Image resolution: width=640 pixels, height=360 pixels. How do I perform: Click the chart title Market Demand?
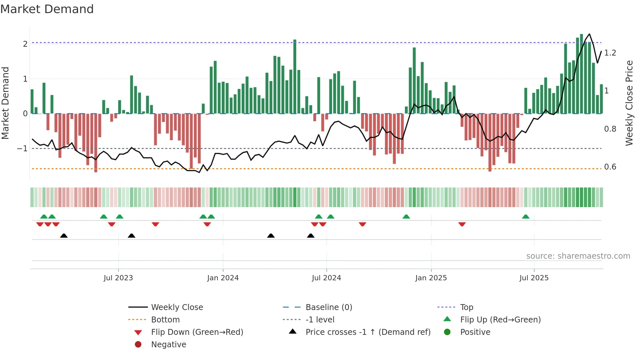tap(47, 9)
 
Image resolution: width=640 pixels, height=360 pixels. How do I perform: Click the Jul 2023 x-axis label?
tap(118, 278)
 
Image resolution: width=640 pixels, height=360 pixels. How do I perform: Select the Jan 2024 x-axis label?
tap(223, 278)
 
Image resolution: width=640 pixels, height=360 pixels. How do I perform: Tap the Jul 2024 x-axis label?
tap(326, 278)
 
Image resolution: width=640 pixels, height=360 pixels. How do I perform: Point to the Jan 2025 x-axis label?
tap(431, 278)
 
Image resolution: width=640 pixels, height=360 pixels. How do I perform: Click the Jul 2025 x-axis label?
tap(534, 278)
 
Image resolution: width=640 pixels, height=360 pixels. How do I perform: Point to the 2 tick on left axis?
tap(25, 44)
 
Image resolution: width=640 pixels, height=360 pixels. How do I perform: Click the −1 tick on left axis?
tap(23, 149)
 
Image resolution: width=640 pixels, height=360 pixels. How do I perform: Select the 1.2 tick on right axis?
tap(610, 53)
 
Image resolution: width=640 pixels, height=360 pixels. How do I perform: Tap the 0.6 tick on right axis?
tap(610, 167)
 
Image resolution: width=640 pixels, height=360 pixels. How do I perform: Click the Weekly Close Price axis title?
tap(629, 103)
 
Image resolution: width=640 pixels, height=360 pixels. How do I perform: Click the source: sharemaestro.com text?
tap(578, 256)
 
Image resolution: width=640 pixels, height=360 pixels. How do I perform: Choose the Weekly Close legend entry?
tap(177, 307)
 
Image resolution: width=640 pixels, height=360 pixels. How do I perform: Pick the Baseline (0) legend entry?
tap(328, 307)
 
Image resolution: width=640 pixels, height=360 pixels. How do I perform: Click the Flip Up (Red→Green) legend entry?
tap(500, 320)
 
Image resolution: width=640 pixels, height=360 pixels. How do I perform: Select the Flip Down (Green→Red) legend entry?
tap(197, 332)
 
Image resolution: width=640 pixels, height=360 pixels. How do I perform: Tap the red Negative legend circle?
tap(138, 345)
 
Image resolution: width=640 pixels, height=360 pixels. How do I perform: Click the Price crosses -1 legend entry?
tap(368, 332)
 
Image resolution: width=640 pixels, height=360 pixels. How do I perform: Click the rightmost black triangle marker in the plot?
tap(311, 236)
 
